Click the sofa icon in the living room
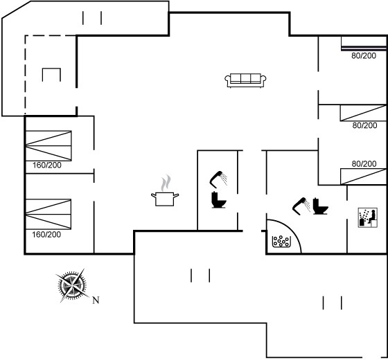[245, 80]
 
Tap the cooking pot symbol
[165, 199]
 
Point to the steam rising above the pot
[166, 183]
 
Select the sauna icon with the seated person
[368, 217]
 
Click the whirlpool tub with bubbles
[281, 242]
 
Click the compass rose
[72, 286]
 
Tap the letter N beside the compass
[96, 300]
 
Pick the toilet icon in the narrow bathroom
[218, 200]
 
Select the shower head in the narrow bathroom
[218, 179]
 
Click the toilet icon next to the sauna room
[320, 206]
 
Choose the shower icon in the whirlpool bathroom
[301, 206]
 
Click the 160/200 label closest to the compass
[46, 235]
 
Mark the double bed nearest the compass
[48, 214]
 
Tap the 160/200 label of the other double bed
[47, 165]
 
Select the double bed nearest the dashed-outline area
[48, 146]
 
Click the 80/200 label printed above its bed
[364, 163]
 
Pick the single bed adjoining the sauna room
[363, 177]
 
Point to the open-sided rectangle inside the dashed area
[51, 69]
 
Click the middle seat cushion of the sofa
[245, 78]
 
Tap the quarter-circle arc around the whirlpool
[291, 228]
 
